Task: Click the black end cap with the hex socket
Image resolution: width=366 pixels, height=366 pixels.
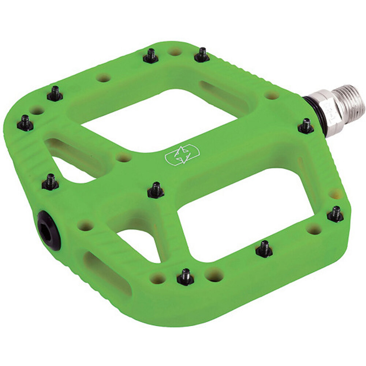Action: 49,230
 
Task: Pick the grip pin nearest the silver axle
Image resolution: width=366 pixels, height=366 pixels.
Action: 306,126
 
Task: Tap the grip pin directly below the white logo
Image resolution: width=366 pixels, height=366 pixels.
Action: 156,190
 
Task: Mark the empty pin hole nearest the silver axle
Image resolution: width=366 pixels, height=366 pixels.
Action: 272,96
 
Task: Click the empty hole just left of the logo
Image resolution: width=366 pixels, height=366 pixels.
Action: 124,158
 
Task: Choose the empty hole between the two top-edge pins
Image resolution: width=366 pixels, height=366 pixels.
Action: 175,52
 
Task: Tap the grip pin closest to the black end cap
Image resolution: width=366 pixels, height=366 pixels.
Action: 50,182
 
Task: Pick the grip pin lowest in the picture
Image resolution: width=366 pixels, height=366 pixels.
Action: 185,277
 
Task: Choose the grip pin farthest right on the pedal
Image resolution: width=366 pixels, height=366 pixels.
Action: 335,214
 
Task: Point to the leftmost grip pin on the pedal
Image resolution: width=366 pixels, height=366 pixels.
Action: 25,123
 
